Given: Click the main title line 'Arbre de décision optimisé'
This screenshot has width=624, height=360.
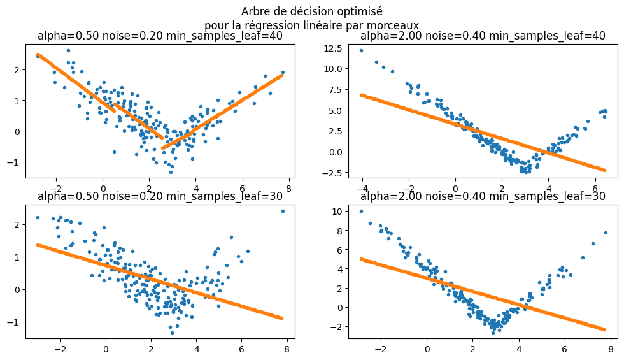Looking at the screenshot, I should [311, 11].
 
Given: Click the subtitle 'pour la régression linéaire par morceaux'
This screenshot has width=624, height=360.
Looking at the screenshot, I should [311, 25].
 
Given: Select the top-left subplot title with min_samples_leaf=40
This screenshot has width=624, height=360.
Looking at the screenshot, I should [160, 36].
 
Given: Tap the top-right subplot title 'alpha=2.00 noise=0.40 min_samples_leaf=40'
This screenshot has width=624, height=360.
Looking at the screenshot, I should [483, 36].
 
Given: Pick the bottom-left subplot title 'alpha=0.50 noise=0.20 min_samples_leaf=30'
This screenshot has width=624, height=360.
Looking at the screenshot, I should [160, 196].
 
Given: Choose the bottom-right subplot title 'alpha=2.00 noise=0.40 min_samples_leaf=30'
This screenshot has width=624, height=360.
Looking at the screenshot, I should [483, 196].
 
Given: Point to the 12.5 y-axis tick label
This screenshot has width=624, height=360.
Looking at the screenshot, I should [332, 48].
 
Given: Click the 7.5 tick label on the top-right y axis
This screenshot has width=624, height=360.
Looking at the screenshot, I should [335, 90].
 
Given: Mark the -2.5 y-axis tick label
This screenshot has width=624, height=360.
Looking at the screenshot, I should [332, 173].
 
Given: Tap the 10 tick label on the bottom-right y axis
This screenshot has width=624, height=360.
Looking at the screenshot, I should [337, 211].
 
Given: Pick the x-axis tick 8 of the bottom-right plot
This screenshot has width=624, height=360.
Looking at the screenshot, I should [611, 349].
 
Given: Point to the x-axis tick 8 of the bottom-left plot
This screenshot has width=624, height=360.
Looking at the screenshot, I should [287, 349].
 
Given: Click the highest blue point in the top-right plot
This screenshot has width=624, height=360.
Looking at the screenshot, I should [361, 50].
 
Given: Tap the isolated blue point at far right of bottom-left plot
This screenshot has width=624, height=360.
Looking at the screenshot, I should [283, 211].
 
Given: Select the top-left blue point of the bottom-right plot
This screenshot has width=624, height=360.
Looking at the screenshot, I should [361, 211].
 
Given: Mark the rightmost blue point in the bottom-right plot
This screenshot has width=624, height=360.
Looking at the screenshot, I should [606, 233].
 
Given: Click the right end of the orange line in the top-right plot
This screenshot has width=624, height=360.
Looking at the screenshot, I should [604, 170].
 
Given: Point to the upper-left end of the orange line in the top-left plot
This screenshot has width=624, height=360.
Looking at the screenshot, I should [38, 54].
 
